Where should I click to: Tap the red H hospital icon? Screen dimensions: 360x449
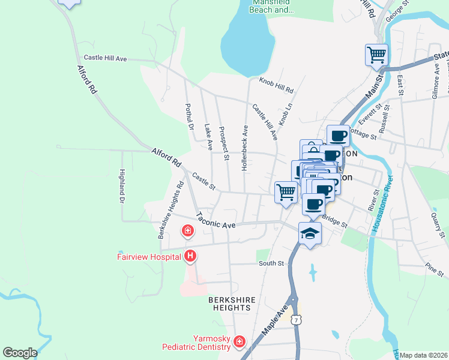click(191, 257)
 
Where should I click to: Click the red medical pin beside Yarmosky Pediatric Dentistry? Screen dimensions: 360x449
click(240, 342)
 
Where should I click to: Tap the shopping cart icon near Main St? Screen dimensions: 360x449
click(376, 55)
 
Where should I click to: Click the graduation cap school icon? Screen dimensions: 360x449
click(310, 233)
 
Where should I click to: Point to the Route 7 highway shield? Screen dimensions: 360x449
click(296, 321)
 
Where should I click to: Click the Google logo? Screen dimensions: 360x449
click(20, 353)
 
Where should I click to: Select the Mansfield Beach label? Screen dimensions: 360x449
click(272, 7)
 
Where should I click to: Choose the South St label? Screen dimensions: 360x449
click(271, 263)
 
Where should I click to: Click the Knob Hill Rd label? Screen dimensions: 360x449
click(276, 86)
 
